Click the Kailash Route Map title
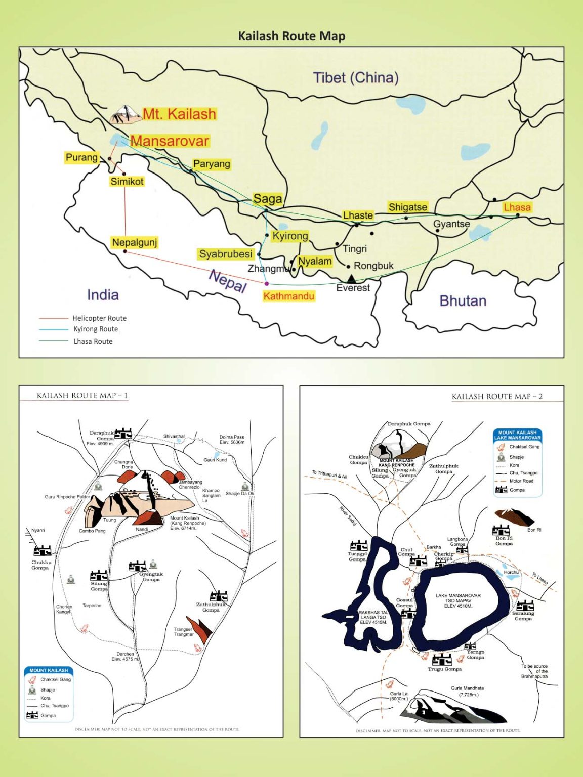pyautogui.click(x=291, y=36)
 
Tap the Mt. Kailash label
pyautogui.click(x=179, y=114)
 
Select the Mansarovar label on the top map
pyautogui.click(x=170, y=141)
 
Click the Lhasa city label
pyautogui.click(x=517, y=207)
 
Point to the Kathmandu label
pyautogui.click(x=289, y=296)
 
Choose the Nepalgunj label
pyautogui.click(x=135, y=242)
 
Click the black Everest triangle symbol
pyautogui.click(x=351, y=278)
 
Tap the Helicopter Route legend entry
pyautogui.click(x=99, y=318)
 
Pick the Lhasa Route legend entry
pyautogui.click(x=93, y=341)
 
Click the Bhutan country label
pyautogui.click(x=463, y=300)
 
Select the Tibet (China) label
pyautogui.click(x=356, y=77)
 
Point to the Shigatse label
pyautogui.click(x=408, y=207)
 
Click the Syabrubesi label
pyautogui.click(x=225, y=254)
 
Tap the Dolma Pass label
pyautogui.click(x=232, y=439)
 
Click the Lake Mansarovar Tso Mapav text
pyautogui.click(x=458, y=600)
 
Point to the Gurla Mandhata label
pyautogui.click(x=467, y=691)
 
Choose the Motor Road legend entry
pyautogui.click(x=521, y=481)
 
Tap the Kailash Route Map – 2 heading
pyautogui.click(x=497, y=397)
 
